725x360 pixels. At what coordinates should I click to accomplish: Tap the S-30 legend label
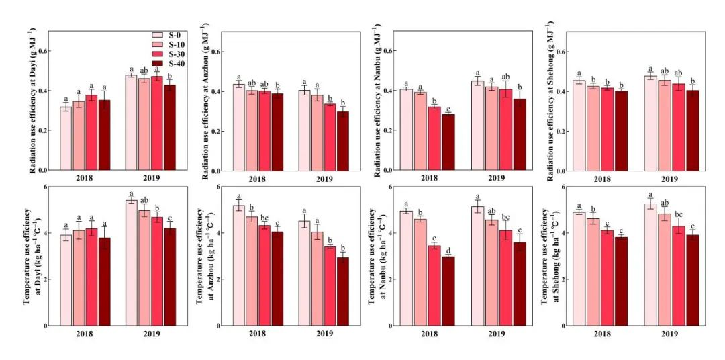tap(176, 54)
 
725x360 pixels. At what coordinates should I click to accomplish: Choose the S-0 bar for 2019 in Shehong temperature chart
tap(650, 265)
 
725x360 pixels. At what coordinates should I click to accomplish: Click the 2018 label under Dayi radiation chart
tap(85, 179)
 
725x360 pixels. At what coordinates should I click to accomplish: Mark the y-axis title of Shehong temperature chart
tap(548, 256)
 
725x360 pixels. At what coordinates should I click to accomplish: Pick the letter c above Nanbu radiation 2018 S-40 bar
tap(448, 109)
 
